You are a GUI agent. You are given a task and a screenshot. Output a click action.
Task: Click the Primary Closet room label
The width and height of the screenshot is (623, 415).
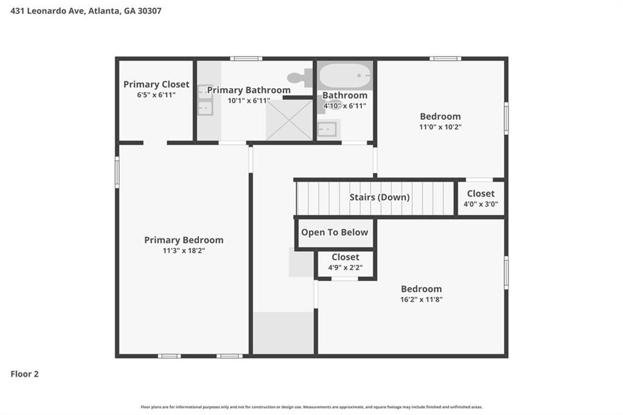[156, 84]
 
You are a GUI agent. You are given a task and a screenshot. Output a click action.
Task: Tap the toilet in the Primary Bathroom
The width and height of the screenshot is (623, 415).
[300, 77]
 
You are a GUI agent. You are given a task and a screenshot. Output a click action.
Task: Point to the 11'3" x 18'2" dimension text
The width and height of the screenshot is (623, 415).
[184, 251]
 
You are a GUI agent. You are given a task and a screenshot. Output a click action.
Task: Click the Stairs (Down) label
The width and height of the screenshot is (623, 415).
[380, 197]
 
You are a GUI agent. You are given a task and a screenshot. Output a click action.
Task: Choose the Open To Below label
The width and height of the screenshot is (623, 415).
[335, 232]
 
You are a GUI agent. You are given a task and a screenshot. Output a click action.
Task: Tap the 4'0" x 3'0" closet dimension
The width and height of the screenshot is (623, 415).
[481, 204]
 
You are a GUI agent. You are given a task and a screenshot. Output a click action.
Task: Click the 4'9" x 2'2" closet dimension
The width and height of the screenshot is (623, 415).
[346, 268]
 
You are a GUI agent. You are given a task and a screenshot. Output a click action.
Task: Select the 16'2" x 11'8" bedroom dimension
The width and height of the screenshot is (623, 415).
[421, 299]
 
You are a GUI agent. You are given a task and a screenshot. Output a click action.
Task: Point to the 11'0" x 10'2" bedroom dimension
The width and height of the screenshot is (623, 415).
[440, 127]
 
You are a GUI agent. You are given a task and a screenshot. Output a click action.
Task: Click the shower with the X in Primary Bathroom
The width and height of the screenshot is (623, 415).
[289, 120]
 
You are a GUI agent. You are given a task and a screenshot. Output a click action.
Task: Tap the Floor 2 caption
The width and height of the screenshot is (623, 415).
[24, 374]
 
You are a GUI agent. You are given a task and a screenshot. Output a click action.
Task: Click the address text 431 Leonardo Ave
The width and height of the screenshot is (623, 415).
[47, 11]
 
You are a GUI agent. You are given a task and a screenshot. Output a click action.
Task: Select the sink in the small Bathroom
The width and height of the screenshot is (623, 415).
[328, 129]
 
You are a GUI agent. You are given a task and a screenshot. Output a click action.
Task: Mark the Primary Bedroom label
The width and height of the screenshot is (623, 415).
[184, 240]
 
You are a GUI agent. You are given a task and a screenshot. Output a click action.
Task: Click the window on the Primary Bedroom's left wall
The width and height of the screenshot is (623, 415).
[117, 172]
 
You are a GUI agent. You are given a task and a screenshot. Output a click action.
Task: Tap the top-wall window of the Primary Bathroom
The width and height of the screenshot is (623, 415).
[246, 59]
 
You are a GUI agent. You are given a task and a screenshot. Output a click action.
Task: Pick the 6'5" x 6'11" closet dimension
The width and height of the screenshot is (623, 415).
[156, 94]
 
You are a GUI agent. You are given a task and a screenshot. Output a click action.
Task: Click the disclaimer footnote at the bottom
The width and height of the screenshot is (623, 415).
[311, 407]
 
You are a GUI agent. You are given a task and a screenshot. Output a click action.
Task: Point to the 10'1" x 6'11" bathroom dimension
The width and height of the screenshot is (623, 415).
[249, 100]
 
